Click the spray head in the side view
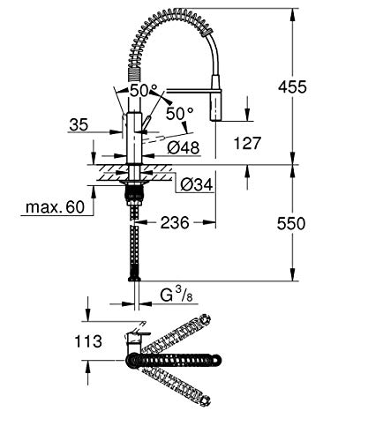point(217,107)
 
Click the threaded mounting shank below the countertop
point(134,193)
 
